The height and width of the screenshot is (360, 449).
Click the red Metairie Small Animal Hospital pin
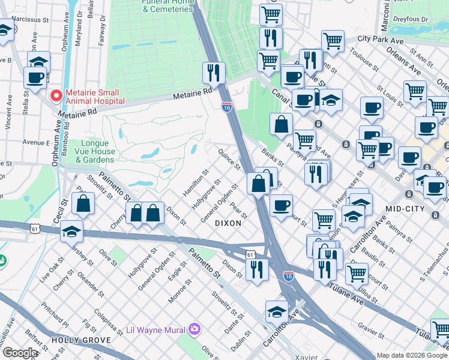[x=55, y=95]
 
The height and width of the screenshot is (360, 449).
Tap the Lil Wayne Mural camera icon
[x=194, y=329]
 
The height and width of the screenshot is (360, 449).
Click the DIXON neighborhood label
[x=228, y=223]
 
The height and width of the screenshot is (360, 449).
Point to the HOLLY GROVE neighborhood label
[x=80, y=340]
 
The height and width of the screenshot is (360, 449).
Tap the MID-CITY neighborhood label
[x=401, y=208]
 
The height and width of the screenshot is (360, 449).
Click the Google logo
[x=20, y=353]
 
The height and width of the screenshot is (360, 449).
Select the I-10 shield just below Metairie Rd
[x=226, y=106]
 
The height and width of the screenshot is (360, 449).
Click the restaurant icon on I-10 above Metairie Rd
[x=214, y=73]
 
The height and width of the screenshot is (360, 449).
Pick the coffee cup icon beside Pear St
[x=281, y=205]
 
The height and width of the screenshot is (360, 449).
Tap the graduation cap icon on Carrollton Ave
[x=276, y=311]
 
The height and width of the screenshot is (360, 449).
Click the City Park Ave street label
[x=381, y=40]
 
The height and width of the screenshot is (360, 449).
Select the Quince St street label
[x=229, y=159]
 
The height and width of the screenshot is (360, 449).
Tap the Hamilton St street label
[x=196, y=182]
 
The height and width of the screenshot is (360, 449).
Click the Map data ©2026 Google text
[x=412, y=355]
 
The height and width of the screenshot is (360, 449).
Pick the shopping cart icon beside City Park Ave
[x=332, y=41]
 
